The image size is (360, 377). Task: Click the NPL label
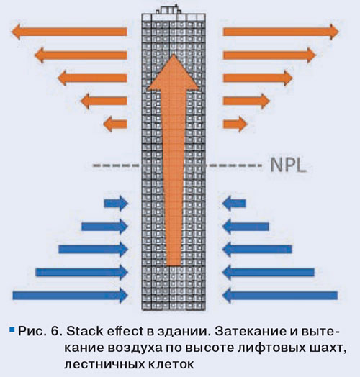click(x=289, y=165)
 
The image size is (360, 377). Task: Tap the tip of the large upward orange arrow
click(x=174, y=55)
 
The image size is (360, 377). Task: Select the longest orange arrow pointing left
click(x=69, y=32)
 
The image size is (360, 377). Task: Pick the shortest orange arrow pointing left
click(x=115, y=124)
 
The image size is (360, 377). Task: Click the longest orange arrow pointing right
click(x=281, y=32)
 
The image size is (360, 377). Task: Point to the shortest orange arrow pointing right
click(x=235, y=124)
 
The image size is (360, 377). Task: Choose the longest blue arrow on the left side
click(x=71, y=295)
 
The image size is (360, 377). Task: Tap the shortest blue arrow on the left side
click(x=116, y=204)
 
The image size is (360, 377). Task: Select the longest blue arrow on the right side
click(x=280, y=295)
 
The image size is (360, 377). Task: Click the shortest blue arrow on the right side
click(x=234, y=204)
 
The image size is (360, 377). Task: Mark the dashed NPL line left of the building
click(x=117, y=165)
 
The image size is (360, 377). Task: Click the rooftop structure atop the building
click(x=168, y=9)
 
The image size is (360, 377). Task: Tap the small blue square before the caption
click(x=12, y=330)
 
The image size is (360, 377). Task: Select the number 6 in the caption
click(x=55, y=332)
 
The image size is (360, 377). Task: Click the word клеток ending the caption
click(x=171, y=365)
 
